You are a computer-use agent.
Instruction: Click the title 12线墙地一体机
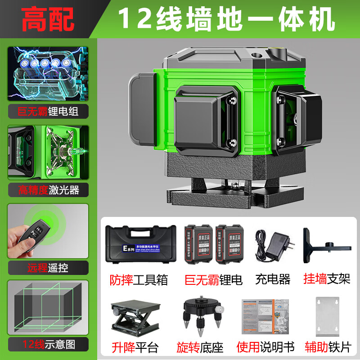click(225, 19)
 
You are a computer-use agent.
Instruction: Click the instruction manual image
click(265, 317)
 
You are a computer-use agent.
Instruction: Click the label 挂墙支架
click(327, 279)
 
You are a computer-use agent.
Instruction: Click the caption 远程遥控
click(48, 268)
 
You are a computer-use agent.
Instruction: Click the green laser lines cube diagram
click(48, 308)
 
